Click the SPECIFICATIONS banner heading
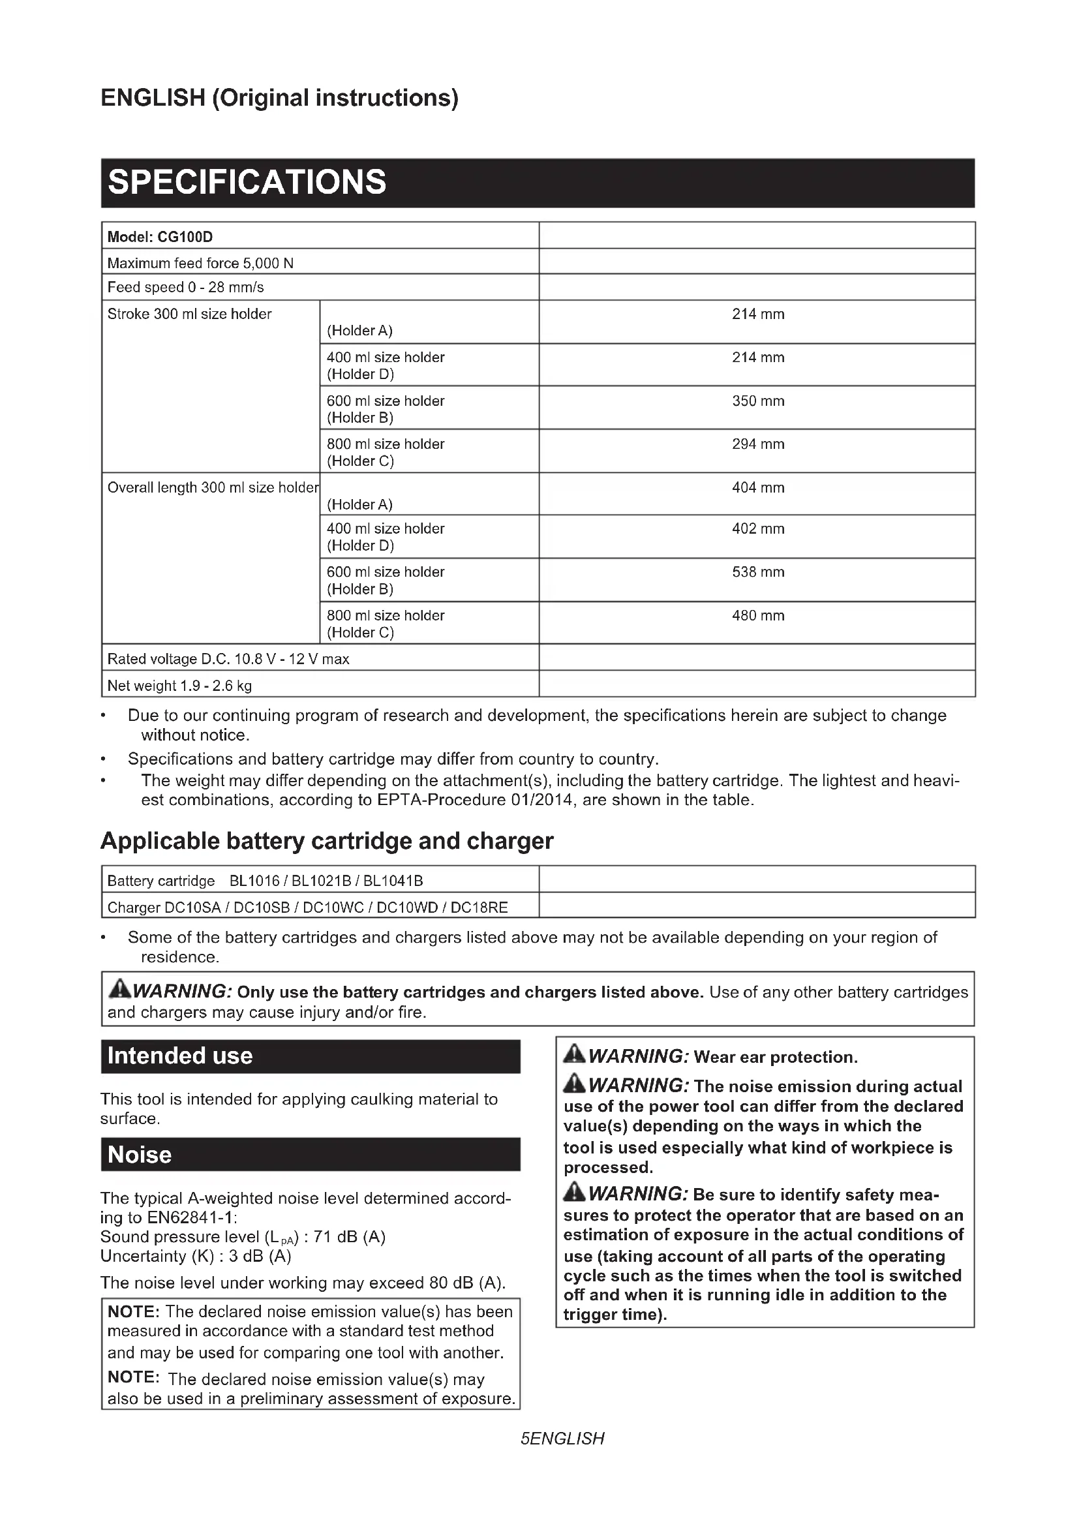(x=247, y=182)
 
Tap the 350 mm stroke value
(x=757, y=401)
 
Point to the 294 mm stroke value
(x=757, y=444)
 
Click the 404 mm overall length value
(x=757, y=487)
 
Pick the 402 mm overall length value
(x=757, y=528)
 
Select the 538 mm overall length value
(x=757, y=572)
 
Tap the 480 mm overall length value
(x=757, y=615)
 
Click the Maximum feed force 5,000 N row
(x=200, y=263)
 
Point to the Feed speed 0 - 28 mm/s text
(x=185, y=287)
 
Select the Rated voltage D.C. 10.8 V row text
(x=228, y=659)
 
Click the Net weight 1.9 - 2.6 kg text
(x=179, y=685)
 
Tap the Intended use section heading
(x=180, y=1056)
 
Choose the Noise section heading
(x=140, y=1155)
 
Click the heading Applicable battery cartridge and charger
(x=326, y=841)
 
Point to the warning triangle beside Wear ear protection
(x=574, y=1054)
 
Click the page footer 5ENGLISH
(x=562, y=1439)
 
